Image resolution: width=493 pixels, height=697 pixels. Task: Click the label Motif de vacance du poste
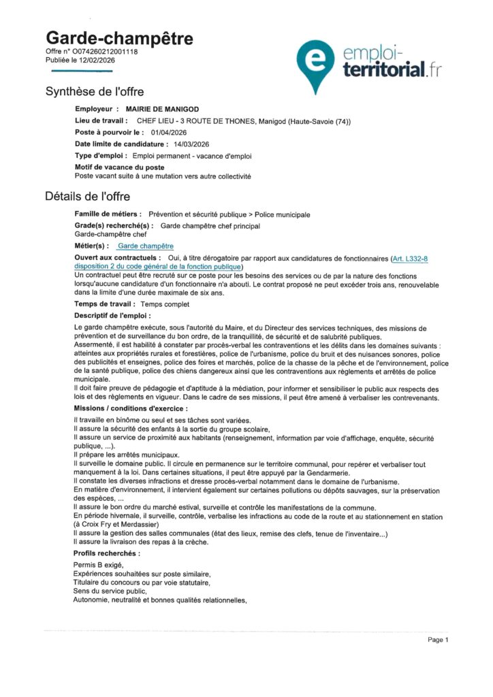pyautogui.click(x=119, y=167)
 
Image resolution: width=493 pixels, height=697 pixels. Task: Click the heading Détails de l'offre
pyautogui.click(x=89, y=197)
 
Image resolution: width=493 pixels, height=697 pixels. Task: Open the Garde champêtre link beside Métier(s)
pyautogui.click(x=145, y=246)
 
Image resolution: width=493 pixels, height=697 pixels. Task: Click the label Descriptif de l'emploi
pyautogui.click(x=112, y=316)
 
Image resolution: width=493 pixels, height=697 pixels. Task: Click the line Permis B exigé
pyautogui.click(x=99, y=566)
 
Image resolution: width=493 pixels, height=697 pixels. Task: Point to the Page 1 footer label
pyautogui.click(x=438, y=640)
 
